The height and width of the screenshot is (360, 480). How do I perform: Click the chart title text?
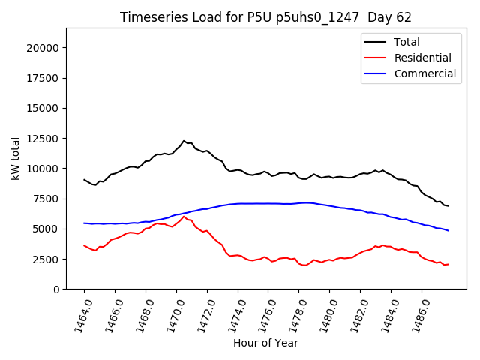265,17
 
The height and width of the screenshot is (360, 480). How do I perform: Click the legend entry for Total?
406,42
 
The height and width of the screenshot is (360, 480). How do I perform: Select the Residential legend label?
422,58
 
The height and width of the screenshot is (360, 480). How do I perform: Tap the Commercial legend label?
424,73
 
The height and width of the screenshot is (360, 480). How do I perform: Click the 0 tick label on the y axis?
56,289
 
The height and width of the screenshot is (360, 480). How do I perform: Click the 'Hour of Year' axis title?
265,343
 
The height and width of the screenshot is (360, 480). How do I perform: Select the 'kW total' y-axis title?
16,158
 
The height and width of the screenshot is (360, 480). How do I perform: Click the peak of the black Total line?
184,140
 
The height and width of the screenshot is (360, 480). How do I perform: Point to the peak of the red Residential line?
184,217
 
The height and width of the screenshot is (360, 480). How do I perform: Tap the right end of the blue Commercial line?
448,230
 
